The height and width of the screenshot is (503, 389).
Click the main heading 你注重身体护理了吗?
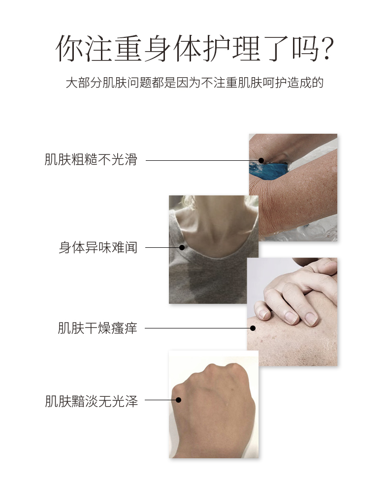point(194,49)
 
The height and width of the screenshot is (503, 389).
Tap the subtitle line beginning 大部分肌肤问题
point(194,83)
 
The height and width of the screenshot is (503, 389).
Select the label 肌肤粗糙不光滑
point(91,159)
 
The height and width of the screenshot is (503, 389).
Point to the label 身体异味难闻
point(98,247)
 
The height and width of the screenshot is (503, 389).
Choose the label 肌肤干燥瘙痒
point(97,328)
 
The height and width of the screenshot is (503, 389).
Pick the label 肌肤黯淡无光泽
point(91,401)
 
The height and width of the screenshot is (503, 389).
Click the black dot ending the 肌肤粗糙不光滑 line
point(261,160)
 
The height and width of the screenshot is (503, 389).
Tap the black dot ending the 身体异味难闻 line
point(182,247)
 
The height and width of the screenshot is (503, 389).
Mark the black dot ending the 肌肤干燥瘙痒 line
point(253,328)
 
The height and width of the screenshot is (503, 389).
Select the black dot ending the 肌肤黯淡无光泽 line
point(179,400)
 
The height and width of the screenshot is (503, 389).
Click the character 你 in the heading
point(69,49)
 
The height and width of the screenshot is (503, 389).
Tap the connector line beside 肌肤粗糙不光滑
point(203,160)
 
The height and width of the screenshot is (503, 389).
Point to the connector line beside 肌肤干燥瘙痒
point(199,328)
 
